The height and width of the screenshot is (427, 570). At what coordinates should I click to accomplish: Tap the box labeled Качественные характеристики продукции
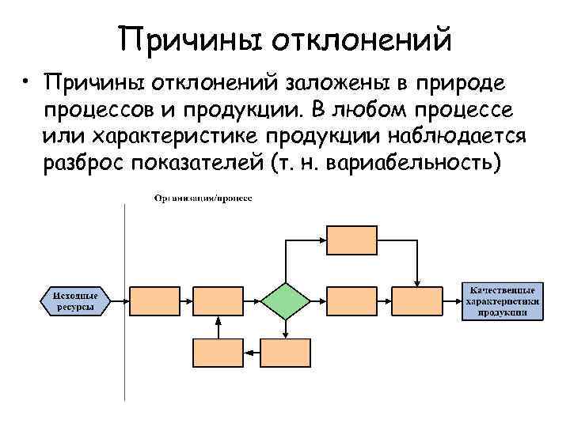[503, 300]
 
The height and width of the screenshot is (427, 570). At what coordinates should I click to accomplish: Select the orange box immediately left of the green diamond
[218, 301]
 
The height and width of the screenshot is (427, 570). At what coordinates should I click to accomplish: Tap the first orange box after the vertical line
[150, 301]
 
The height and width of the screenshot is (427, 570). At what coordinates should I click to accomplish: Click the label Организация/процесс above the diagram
[203, 197]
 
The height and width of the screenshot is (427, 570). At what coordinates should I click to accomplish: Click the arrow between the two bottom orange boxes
[251, 353]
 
